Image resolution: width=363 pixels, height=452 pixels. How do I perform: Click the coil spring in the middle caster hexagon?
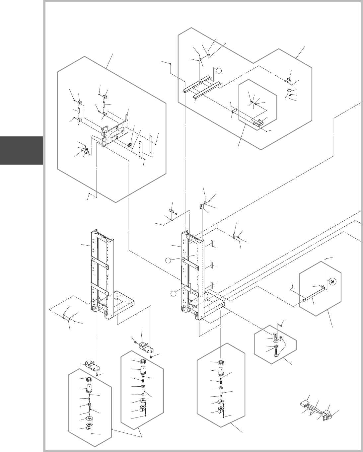(143, 379)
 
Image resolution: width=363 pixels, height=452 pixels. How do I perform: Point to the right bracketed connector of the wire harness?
(327, 415)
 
